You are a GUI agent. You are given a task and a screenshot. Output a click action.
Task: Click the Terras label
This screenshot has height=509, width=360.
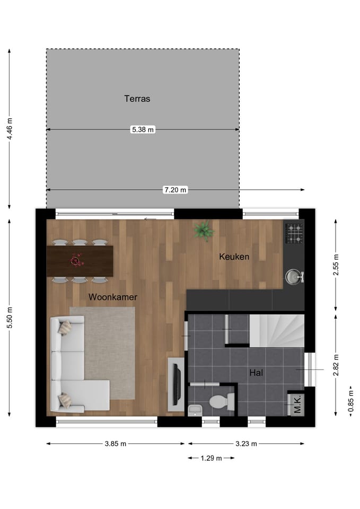point(137,99)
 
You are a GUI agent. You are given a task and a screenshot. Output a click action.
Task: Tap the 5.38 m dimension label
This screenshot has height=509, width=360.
point(143,129)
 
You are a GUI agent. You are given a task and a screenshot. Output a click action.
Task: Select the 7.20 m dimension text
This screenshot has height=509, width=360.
point(175,190)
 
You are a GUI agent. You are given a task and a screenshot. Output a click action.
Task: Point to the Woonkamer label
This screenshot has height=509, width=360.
point(113,297)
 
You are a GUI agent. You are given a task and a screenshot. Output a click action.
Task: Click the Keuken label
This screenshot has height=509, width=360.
point(234,257)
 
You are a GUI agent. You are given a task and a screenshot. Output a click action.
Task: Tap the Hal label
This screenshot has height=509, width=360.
point(257,373)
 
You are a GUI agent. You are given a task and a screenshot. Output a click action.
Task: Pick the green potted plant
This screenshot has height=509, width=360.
point(204,231)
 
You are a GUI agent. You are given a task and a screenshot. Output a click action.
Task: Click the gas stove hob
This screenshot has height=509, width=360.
point(294,233)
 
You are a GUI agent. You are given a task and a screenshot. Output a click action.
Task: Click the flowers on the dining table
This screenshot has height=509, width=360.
point(77,260)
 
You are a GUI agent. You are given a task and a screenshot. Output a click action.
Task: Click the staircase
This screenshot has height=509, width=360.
point(277,330)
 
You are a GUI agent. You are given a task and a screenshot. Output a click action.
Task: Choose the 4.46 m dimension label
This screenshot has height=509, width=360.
point(10,129)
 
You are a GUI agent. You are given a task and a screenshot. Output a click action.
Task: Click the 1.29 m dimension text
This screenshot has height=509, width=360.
point(211,458)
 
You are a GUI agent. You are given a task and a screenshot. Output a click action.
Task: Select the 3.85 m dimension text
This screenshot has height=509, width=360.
point(116,444)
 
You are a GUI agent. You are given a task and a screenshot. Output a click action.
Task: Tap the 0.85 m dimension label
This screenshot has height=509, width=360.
point(350,401)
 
